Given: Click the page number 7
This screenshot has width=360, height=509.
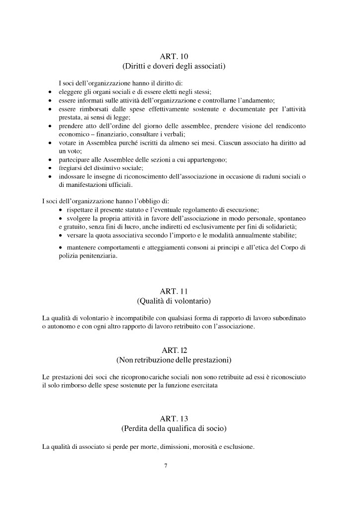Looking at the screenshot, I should pyautogui.click(x=166, y=466).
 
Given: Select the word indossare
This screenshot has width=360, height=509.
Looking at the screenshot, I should pyautogui.click(x=73, y=176).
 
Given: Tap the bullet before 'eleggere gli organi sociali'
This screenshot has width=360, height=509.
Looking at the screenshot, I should pyautogui.click(x=50, y=92).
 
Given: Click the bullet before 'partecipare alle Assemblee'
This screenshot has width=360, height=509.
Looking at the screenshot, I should pyautogui.click(x=50, y=160).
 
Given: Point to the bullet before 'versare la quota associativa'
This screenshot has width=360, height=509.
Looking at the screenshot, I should pyautogui.click(x=61, y=236).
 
